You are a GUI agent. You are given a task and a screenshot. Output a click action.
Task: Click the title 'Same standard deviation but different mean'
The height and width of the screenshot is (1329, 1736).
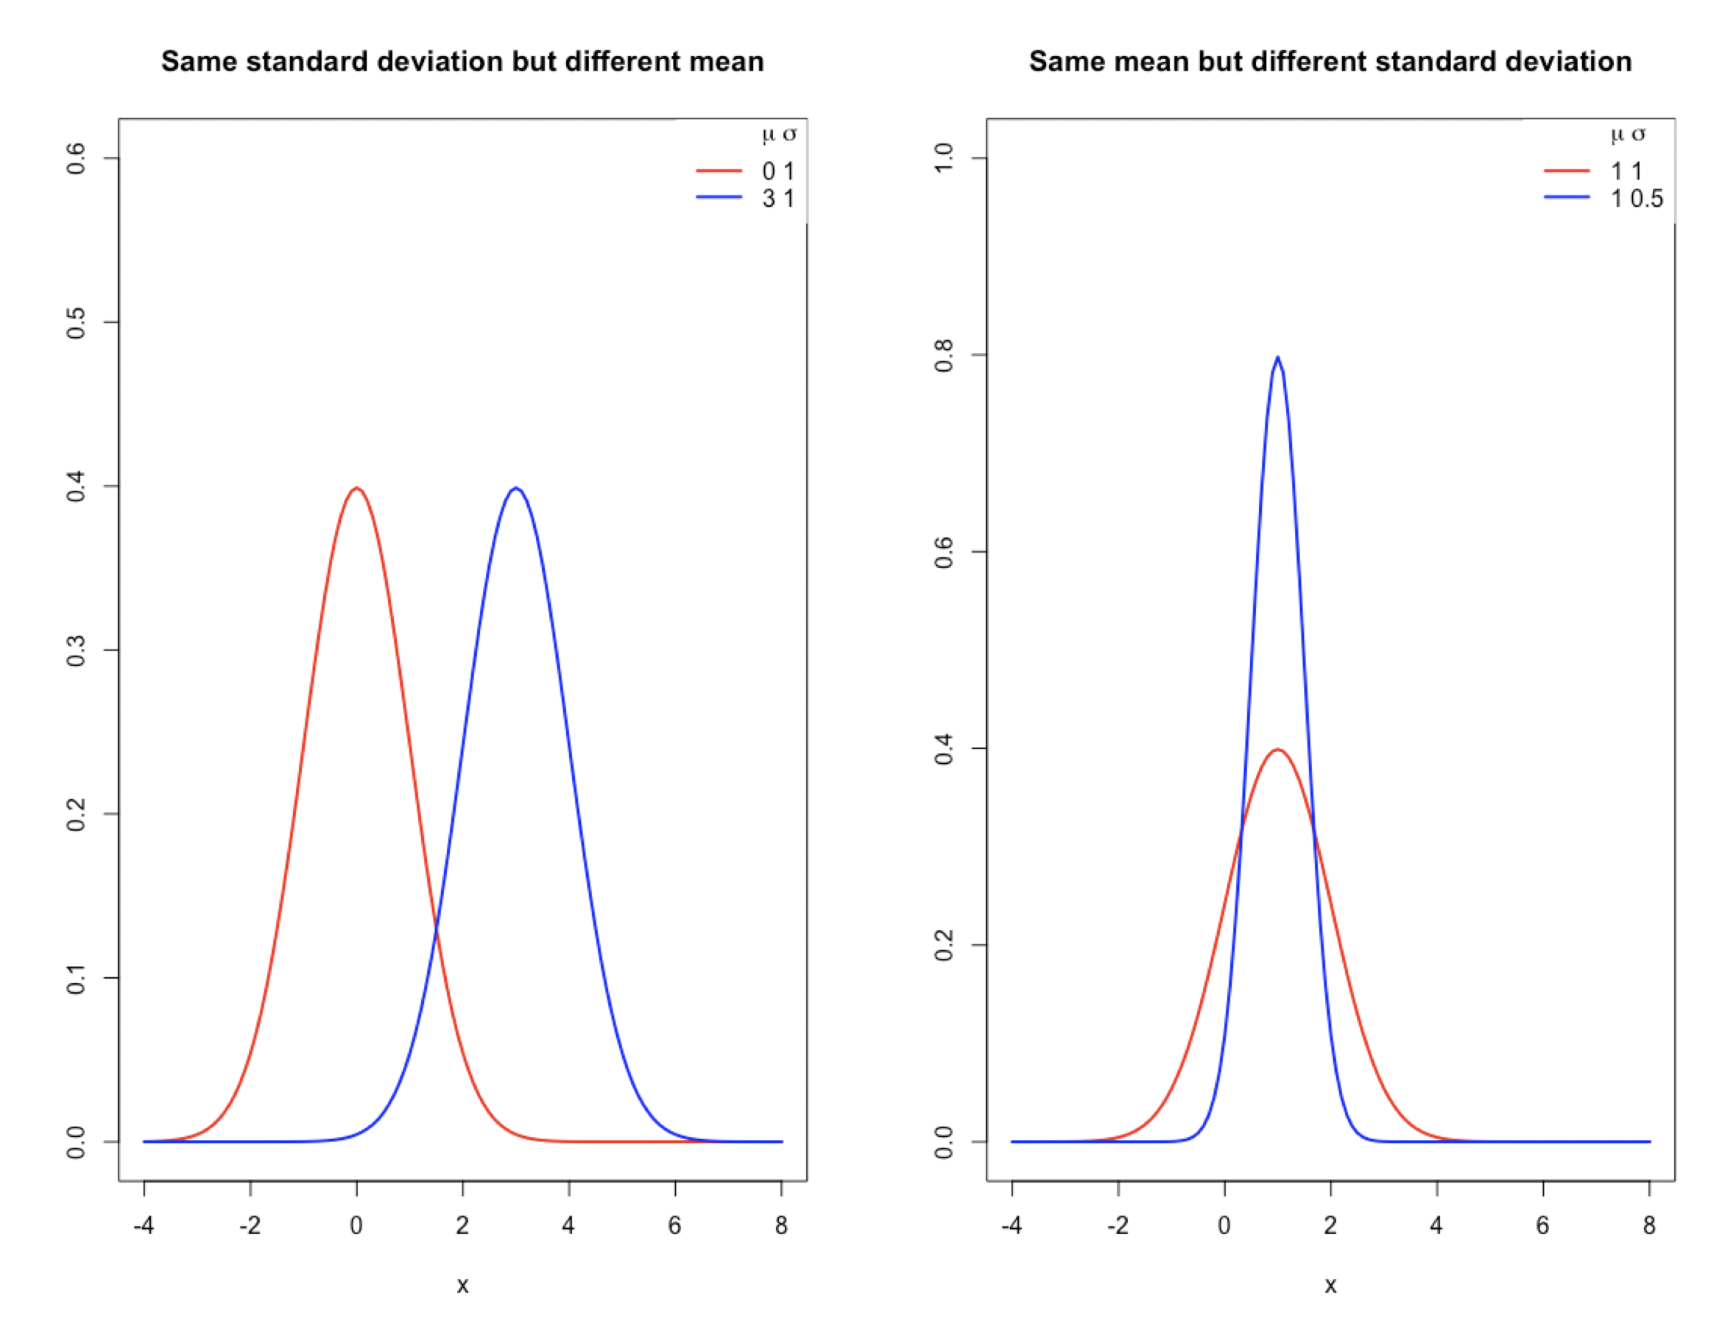(462, 62)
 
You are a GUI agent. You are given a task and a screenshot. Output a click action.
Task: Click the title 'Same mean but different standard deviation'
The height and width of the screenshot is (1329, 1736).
(1330, 62)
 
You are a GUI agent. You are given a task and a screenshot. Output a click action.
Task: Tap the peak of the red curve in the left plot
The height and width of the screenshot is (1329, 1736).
(357, 488)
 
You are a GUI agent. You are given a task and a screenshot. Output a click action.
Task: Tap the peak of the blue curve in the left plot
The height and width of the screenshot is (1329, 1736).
(516, 488)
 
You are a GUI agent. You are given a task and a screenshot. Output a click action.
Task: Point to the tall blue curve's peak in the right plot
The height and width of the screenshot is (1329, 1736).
(1277, 358)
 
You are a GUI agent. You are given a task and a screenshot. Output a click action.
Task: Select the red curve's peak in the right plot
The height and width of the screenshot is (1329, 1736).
(1277, 749)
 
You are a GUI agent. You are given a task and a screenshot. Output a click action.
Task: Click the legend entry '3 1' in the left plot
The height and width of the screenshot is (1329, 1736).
(777, 199)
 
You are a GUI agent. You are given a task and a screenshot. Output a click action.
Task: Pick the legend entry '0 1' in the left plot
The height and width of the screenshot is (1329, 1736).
(777, 171)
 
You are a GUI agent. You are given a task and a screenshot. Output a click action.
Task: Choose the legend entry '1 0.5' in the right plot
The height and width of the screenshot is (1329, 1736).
(1637, 199)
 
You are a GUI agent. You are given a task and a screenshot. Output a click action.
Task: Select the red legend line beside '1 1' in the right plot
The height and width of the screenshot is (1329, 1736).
(1567, 170)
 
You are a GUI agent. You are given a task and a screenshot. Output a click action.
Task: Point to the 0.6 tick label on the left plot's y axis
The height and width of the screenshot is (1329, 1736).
(76, 158)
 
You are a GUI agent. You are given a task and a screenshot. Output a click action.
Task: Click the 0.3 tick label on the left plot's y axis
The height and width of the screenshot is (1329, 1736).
(76, 651)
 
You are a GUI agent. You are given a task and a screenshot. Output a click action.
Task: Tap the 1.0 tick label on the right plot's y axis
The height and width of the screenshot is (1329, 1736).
(944, 158)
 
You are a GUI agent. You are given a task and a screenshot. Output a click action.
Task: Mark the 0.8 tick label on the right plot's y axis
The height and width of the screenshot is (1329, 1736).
(944, 355)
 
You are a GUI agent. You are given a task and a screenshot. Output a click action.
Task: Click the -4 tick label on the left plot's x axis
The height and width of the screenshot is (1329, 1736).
(144, 1226)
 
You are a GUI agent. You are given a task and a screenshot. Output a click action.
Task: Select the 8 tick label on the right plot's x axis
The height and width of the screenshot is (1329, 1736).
(1649, 1226)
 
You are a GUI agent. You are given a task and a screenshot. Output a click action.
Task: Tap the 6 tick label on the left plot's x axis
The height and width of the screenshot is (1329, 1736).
(675, 1226)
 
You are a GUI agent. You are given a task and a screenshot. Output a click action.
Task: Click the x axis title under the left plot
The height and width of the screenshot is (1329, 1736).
(462, 1286)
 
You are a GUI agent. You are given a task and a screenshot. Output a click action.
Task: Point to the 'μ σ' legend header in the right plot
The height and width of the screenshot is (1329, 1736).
(1629, 135)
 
